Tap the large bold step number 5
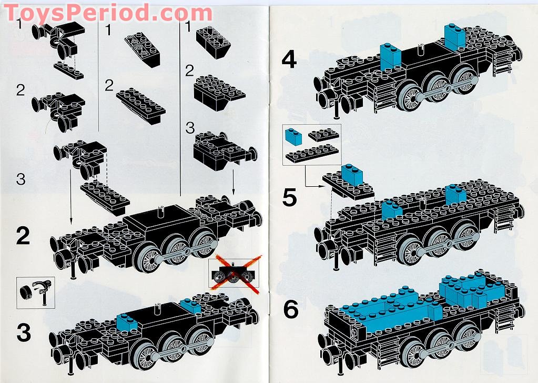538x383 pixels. [290, 197]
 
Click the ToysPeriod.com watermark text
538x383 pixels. [108, 11]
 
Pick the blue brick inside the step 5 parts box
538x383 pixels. [293, 137]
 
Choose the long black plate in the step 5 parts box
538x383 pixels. [311, 153]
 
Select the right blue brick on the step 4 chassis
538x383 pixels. [454, 36]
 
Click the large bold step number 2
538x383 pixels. [23, 237]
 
